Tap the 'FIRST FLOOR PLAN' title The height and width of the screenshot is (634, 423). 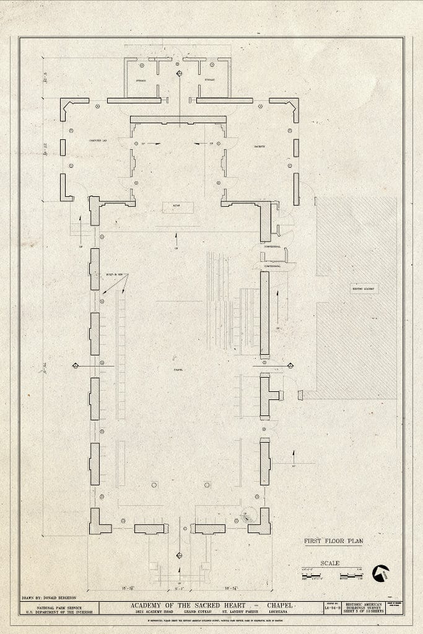[333, 541]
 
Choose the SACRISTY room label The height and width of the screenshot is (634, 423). [259, 146]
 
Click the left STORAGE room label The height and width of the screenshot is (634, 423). [141, 80]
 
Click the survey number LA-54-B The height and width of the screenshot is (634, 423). [332, 612]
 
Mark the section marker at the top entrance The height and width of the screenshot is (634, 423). [179, 74]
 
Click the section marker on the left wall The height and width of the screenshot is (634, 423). [75, 365]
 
